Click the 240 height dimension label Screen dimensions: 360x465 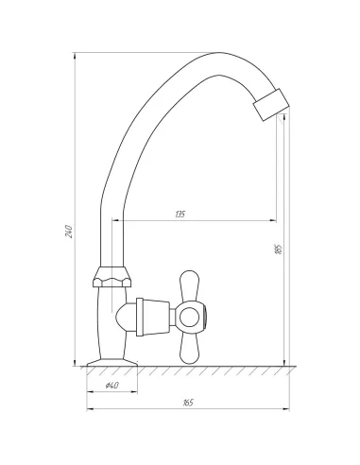69,232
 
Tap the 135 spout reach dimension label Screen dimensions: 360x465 180,215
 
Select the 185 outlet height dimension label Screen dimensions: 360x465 279,249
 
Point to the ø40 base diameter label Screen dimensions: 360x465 111,386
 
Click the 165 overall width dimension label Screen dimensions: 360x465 188,403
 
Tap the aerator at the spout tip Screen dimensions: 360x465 271,104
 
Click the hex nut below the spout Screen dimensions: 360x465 111,277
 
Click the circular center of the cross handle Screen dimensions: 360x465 189,317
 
